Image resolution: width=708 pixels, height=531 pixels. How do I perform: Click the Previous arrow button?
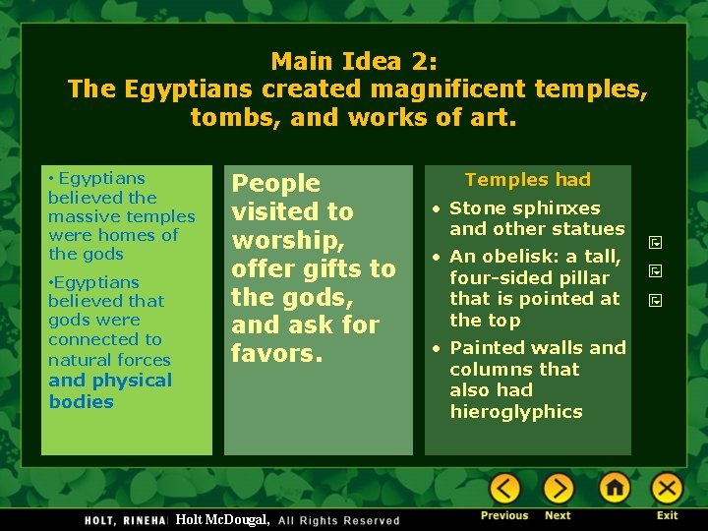pos(504,489)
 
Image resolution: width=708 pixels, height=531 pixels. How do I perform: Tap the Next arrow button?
pos(558,489)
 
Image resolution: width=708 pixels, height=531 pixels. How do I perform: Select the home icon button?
pos(615,489)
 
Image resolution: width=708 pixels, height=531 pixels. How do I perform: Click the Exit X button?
pos(667,489)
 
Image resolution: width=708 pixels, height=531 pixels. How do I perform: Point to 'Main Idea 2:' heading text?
pos(354,61)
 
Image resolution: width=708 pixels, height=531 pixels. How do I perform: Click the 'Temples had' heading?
pos(527,179)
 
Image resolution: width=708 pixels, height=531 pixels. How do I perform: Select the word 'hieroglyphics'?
pos(515,412)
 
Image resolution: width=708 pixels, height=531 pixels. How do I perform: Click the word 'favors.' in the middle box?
pos(277,352)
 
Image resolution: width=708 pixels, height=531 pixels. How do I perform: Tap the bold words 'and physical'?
pos(110,381)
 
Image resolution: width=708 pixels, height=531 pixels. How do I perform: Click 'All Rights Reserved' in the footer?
pos(339,520)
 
